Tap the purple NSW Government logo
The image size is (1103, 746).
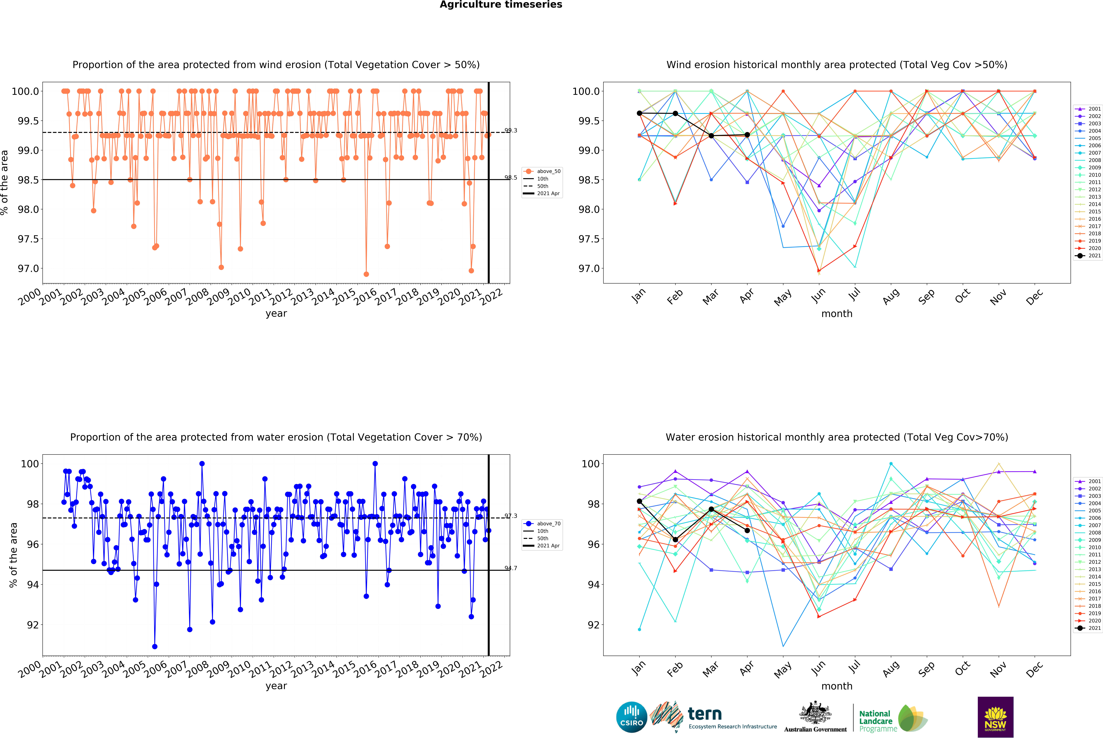click(x=995, y=717)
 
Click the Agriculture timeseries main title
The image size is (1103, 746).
click(x=501, y=5)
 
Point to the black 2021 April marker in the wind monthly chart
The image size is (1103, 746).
click(x=747, y=135)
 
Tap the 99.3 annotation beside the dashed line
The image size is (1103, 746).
click(x=511, y=130)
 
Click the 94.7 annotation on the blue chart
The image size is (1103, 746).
click(x=511, y=568)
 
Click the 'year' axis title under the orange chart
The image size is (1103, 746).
click(x=276, y=313)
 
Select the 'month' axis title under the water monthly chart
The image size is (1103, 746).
click(x=837, y=686)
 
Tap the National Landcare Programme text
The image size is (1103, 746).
click(x=878, y=721)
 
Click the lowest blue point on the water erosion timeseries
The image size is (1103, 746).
click(x=155, y=646)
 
